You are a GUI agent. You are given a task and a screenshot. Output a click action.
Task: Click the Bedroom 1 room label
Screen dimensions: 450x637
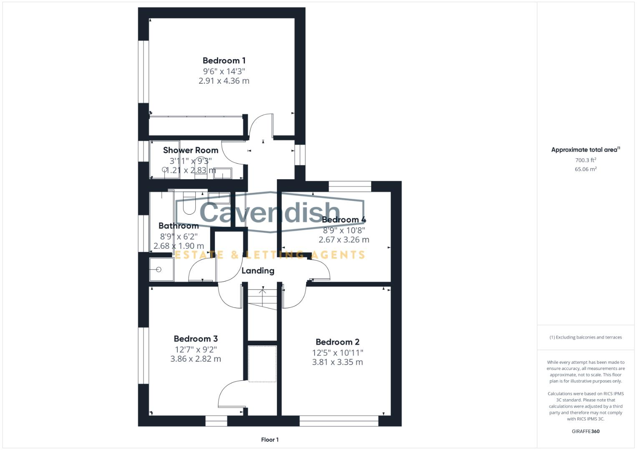[224, 61]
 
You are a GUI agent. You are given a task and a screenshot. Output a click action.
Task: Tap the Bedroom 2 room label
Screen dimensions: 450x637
[337, 342]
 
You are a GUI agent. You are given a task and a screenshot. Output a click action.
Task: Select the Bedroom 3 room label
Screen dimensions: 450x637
[196, 339]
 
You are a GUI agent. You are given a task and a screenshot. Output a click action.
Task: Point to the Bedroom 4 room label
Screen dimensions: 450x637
[344, 220]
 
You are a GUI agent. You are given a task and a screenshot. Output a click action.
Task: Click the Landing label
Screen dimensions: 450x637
[258, 271]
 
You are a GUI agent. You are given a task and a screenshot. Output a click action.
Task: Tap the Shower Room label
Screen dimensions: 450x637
[191, 150]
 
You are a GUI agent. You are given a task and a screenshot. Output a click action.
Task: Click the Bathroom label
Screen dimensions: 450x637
[179, 226]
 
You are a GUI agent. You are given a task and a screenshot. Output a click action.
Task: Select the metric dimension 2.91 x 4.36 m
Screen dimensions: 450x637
[224, 81]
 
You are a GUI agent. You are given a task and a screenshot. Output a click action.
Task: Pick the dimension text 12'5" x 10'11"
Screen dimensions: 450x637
[337, 352]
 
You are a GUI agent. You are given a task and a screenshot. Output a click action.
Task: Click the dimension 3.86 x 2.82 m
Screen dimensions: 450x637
[196, 359]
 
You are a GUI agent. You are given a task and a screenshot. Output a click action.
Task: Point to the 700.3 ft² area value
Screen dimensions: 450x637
[585, 160]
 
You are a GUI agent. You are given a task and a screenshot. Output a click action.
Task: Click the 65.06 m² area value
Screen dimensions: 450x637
[585, 169]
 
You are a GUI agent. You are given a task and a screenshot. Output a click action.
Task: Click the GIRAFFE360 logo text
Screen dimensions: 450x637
[585, 431]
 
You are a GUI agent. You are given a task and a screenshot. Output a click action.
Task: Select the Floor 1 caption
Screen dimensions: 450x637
[270, 440]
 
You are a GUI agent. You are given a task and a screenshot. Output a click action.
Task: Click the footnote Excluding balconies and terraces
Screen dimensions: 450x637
[585, 337]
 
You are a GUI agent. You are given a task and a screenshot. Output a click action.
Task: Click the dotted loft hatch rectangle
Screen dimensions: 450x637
[262, 364]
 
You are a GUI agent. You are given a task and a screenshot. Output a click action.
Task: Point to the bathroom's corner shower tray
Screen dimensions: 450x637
[161, 269]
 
